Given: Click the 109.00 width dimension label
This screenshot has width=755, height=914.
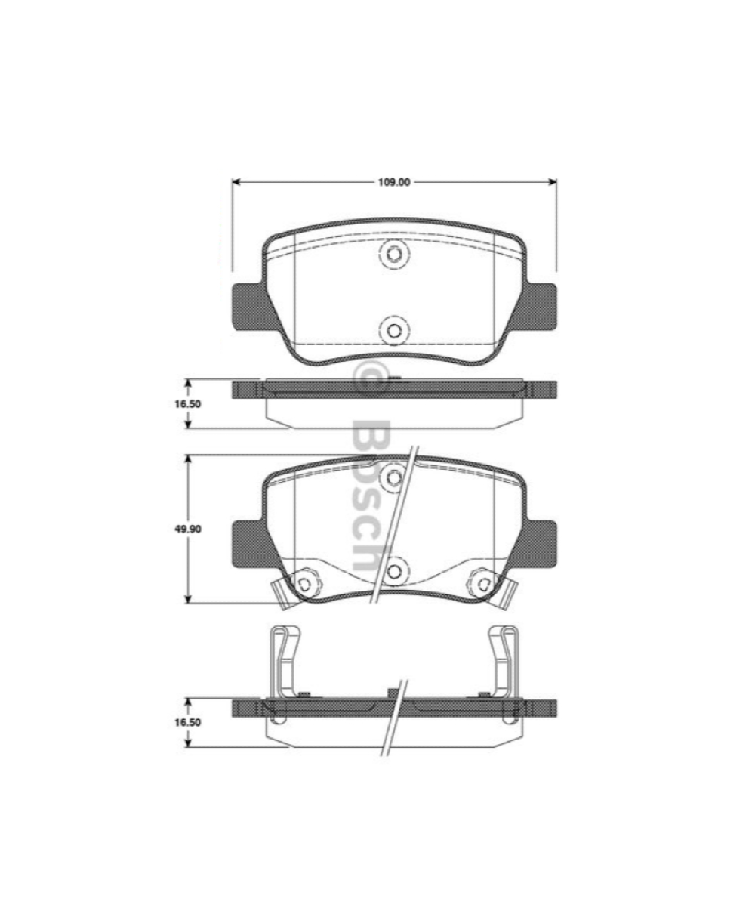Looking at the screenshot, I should pyautogui.click(x=394, y=182).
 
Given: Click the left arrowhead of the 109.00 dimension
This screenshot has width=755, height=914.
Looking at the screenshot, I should pyautogui.click(x=236, y=182).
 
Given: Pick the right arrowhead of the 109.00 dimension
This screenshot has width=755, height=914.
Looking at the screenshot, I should pyautogui.click(x=552, y=182).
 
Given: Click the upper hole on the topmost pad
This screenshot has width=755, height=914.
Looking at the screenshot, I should pyautogui.click(x=393, y=254).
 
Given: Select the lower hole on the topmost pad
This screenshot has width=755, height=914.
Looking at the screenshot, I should pyautogui.click(x=393, y=329).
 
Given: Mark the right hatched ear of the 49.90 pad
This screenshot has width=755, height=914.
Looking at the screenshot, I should pyautogui.click(x=539, y=542).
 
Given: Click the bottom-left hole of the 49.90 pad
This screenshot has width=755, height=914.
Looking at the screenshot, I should pyautogui.click(x=304, y=583).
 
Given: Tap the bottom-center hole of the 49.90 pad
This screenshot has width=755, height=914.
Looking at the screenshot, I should pyautogui.click(x=393, y=569).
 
